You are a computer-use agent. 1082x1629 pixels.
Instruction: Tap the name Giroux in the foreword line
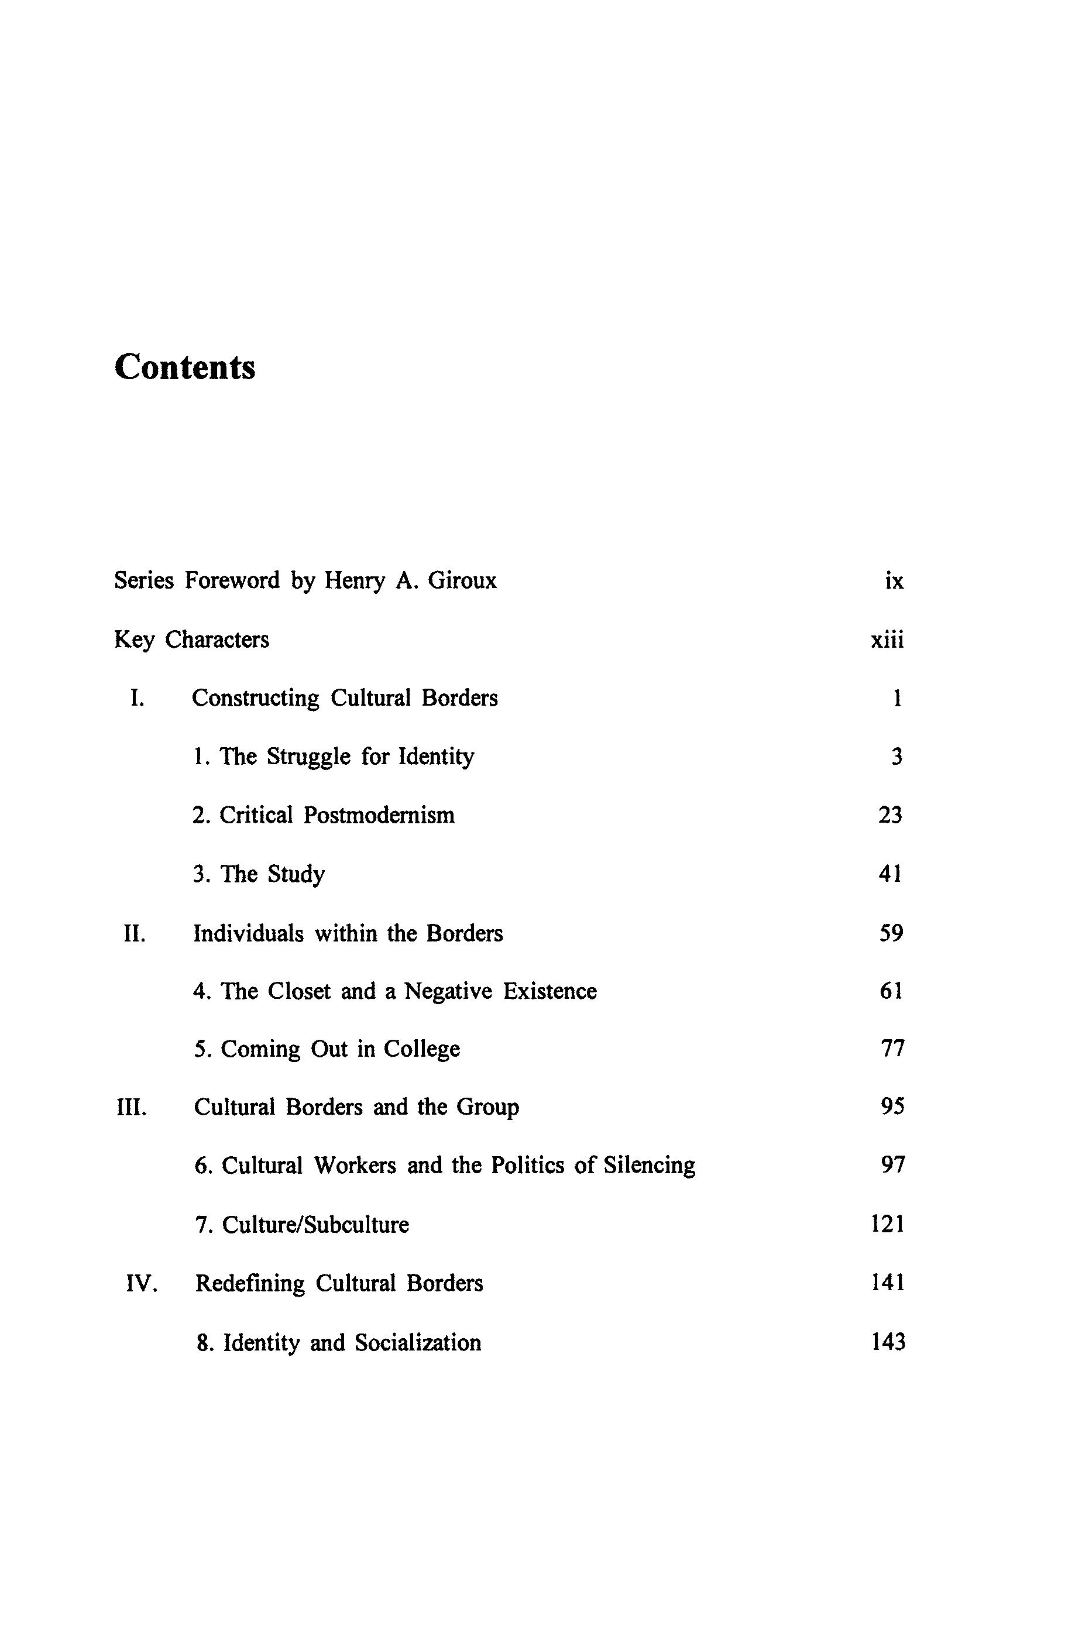[462, 580]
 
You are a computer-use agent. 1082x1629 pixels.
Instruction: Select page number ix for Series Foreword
[894, 581]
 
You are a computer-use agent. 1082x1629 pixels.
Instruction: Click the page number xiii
[887, 640]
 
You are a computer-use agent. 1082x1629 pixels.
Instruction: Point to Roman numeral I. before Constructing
[138, 698]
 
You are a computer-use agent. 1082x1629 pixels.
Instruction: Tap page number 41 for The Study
[890, 874]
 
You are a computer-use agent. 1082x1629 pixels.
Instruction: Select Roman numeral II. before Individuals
[135, 933]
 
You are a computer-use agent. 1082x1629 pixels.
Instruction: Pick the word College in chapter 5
[421, 1050]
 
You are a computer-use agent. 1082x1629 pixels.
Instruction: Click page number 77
[892, 1050]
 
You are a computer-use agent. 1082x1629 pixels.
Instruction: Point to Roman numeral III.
[131, 1108]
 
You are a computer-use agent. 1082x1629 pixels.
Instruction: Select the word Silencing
[650, 1166]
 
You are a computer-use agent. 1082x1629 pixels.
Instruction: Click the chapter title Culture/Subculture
[315, 1225]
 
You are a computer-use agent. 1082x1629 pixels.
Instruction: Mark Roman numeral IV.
[142, 1284]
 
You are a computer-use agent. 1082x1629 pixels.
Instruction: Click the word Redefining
[250, 1283]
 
